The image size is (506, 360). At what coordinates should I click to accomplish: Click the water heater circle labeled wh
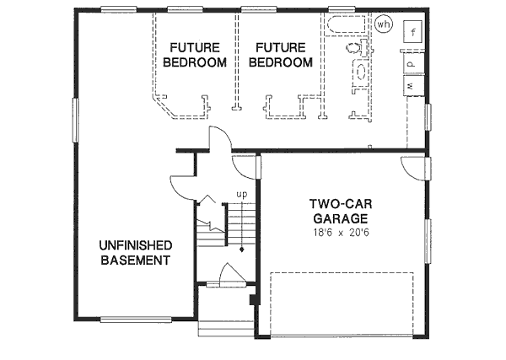(385, 24)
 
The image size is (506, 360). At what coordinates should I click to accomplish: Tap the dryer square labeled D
(412, 62)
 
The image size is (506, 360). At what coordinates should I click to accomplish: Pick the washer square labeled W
(412, 85)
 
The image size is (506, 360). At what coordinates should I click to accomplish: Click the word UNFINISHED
(136, 244)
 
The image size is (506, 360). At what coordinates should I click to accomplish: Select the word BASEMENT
(136, 260)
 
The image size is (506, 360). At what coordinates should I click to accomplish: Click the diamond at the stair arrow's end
(242, 250)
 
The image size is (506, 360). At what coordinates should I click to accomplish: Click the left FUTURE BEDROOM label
(195, 54)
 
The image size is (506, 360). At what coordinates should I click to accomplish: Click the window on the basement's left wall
(74, 123)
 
